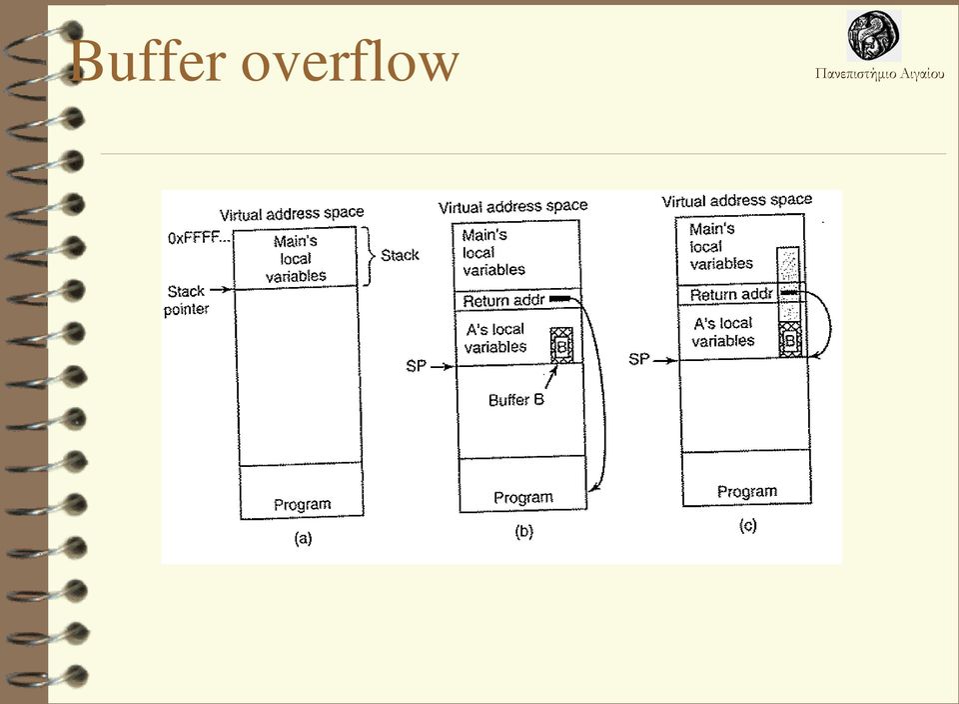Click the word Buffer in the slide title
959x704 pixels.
(148, 61)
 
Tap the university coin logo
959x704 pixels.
(873, 35)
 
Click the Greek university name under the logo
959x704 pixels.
(879, 74)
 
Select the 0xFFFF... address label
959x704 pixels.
(199, 238)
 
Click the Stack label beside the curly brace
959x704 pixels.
(400, 255)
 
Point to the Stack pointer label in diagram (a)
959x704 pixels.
(186, 300)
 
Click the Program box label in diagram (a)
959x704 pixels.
(302, 504)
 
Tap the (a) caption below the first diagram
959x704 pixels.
(303, 538)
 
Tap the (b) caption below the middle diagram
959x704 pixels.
(524, 531)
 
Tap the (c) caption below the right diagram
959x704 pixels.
(747, 525)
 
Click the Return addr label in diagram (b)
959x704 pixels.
(503, 301)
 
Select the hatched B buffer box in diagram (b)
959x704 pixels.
(561, 346)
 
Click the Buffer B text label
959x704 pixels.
(516, 400)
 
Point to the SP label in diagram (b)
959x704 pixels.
(416, 366)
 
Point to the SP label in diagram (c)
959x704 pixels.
(638, 359)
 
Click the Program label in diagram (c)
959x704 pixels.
(747, 492)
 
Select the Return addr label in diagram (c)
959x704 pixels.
(731, 295)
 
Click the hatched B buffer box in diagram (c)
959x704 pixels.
(789, 340)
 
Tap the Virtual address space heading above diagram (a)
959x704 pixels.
(292, 214)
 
